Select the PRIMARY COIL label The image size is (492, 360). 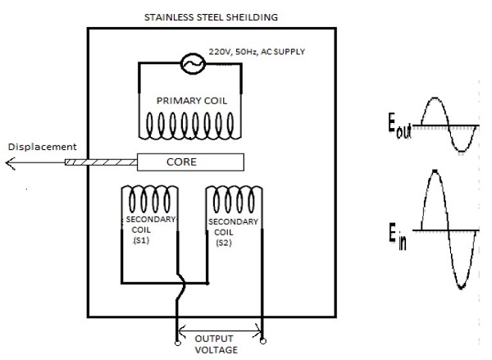pyautogui.click(x=191, y=100)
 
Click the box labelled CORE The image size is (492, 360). pyautogui.click(x=189, y=162)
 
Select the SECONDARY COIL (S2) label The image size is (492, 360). pyautogui.click(x=231, y=232)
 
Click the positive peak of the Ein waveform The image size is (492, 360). pyautogui.click(x=435, y=172)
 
